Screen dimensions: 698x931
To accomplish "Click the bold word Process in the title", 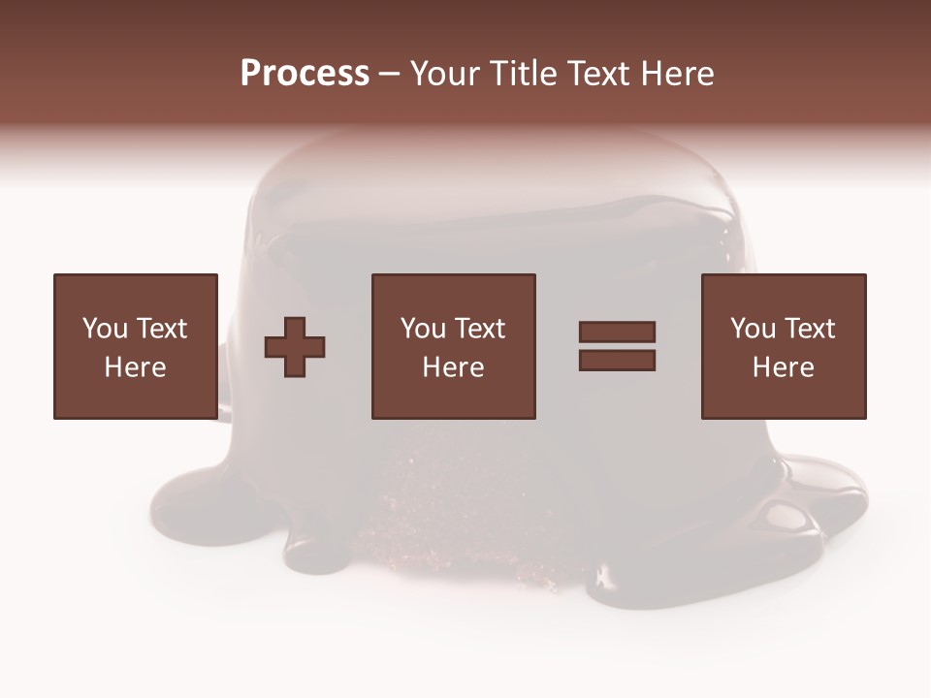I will tap(305, 74).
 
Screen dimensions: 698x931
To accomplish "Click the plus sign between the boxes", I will tap(295, 347).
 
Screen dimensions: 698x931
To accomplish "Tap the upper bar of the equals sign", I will tap(617, 332).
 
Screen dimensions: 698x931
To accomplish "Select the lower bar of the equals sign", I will tap(617, 360).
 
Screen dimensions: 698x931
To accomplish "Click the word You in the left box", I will tap(105, 329).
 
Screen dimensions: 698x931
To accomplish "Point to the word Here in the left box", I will tap(135, 367).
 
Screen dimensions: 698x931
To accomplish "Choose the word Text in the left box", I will tap(161, 329).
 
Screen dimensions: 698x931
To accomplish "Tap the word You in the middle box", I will tap(423, 329).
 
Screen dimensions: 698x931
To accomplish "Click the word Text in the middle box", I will tap(479, 329).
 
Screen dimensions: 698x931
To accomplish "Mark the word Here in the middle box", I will tap(453, 367).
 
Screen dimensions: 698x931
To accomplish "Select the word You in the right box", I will tap(753, 329).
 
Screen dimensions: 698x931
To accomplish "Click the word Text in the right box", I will tap(809, 329).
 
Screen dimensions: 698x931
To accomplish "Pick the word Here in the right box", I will tap(783, 367).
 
